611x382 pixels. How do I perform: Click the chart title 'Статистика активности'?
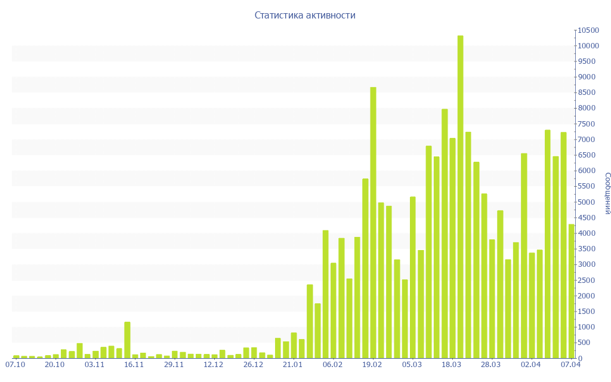click(x=305, y=16)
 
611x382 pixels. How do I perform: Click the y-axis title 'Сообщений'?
click(x=607, y=193)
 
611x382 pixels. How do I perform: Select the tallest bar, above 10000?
click(x=460, y=197)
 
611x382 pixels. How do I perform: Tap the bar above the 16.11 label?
click(x=127, y=340)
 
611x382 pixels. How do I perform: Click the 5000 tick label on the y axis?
click(x=587, y=202)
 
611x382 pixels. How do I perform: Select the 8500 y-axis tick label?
click(x=587, y=93)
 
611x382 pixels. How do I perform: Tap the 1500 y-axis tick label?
click(x=587, y=312)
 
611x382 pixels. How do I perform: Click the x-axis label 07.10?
click(x=15, y=365)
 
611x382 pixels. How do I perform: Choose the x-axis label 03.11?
click(x=94, y=365)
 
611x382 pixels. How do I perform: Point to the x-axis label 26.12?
click(x=254, y=365)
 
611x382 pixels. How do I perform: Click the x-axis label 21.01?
click(x=293, y=365)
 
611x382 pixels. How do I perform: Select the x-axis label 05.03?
click(x=412, y=365)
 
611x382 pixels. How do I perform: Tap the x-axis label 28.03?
click(x=492, y=365)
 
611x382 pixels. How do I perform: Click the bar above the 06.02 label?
click(x=334, y=310)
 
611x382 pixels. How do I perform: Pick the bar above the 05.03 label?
click(x=412, y=278)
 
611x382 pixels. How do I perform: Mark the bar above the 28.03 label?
click(x=492, y=298)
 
